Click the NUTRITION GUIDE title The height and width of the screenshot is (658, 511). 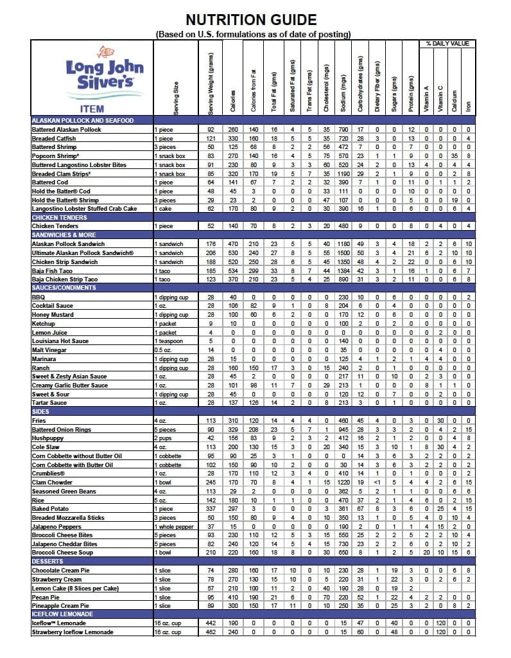coord(255,20)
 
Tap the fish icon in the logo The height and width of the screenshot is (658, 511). coord(107,53)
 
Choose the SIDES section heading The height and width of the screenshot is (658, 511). coord(40,411)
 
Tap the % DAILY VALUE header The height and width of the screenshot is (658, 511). coord(447,44)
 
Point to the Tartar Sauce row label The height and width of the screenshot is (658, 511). coord(49,402)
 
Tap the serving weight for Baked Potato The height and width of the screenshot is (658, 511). coord(211,508)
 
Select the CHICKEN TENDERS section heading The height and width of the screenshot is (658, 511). coord(58,217)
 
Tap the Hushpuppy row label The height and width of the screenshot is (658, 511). coord(48,438)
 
